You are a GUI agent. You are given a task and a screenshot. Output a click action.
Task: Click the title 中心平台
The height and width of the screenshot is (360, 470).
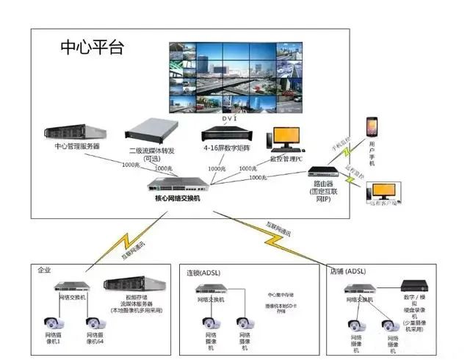(x=93, y=49)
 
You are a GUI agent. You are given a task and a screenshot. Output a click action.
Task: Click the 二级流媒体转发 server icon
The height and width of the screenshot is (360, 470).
(x=151, y=130)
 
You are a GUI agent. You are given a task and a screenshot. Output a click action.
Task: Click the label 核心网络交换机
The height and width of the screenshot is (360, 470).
(x=177, y=199)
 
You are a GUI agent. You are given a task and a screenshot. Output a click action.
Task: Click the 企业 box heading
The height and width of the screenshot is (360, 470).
(x=45, y=270)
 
